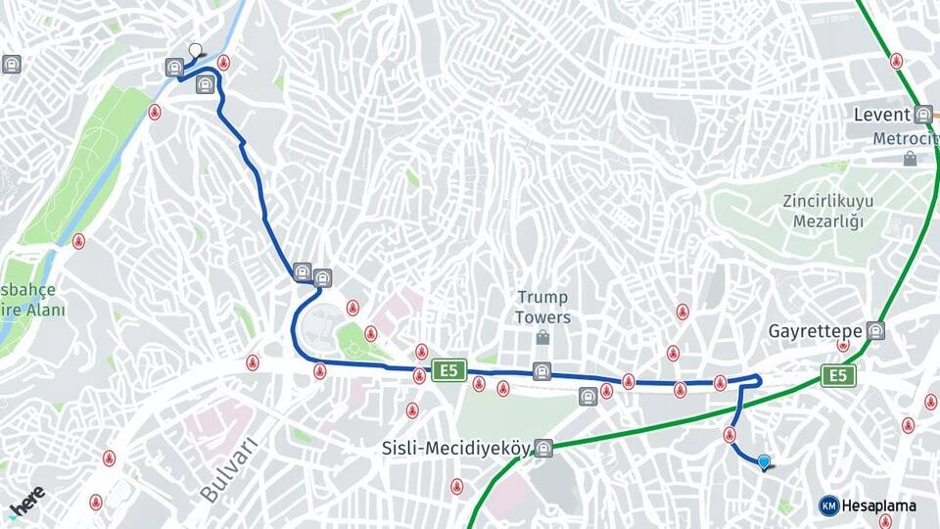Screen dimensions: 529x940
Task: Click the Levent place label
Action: coord(881,115)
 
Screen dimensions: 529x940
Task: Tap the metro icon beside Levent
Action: coord(922,114)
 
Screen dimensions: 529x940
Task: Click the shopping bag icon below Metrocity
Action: coord(910,158)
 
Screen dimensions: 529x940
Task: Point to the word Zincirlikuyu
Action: coord(827,201)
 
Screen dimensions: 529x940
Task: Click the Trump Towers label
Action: coord(542,307)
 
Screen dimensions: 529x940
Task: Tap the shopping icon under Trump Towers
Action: coord(542,337)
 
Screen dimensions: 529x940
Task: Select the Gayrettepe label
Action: coord(815,330)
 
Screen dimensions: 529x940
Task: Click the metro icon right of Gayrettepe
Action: coord(874,331)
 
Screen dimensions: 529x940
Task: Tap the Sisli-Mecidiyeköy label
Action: coord(455,449)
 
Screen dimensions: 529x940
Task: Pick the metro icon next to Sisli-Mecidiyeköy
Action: coord(544,449)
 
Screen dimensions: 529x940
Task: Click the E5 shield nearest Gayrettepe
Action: coord(838,375)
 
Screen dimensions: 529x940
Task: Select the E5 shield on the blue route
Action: coord(449,370)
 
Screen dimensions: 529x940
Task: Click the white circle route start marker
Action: coord(195,50)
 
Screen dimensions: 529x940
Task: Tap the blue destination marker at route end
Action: coord(765,461)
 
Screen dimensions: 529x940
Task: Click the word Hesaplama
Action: coord(879,505)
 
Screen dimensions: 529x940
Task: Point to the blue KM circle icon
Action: coord(828,505)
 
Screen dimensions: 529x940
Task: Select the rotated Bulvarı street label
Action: coord(227,470)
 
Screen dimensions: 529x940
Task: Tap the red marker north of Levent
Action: coord(896,61)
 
